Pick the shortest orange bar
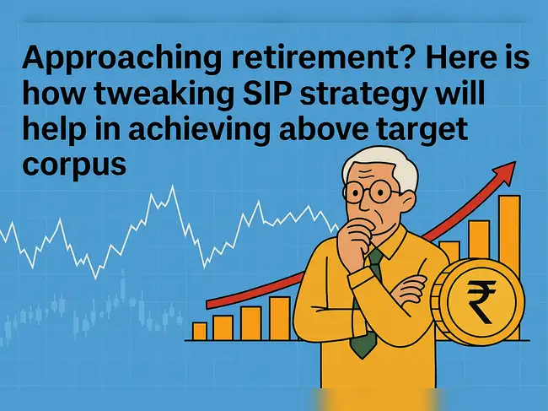200,330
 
